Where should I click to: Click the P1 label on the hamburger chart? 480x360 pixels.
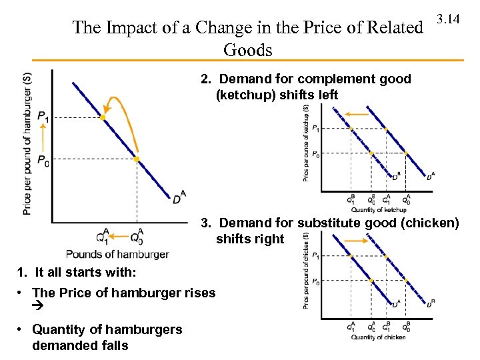tap(43, 117)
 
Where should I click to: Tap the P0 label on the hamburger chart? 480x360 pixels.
tap(43, 160)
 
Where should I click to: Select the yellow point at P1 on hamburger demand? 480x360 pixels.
tap(103, 117)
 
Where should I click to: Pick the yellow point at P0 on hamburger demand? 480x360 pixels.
tap(136, 159)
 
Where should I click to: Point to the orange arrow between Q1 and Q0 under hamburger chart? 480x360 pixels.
tap(119, 235)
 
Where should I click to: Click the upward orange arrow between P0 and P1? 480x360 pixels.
tap(42, 139)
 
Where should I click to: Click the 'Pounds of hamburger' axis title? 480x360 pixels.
tap(117, 254)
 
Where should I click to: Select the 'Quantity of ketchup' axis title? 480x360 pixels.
tap(377, 210)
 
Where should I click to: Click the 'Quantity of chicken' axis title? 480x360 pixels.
tap(378, 337)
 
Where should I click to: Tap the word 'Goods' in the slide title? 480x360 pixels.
tap(248, 50)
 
